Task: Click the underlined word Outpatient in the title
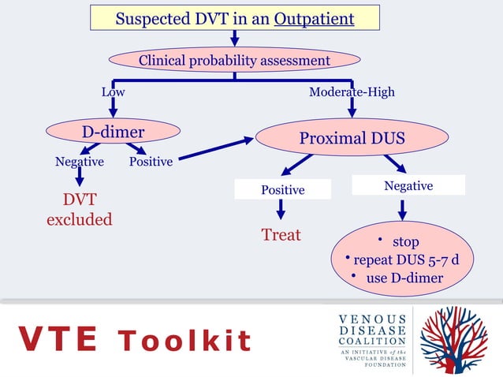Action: [x=314, y=19]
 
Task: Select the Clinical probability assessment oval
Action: [x=234, y=60]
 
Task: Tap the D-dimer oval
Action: [x=113, y=131]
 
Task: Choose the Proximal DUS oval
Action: [x=352, y=137]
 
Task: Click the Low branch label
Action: [x=114, y=92]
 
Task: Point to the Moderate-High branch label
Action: [x=352, y=92]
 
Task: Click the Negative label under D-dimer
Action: [x=80, y=162]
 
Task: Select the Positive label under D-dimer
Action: [x=151, y=162]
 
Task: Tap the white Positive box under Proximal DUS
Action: [x=282, y=189]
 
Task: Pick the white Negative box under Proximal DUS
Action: [x=408, y=185]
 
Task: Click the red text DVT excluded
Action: [x=80, y=209]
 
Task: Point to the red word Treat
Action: [x=281, y=234]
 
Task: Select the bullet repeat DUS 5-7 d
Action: [x=403, y=259]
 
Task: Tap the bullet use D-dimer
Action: [x=398, y=278]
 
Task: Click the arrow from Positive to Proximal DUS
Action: [x=216, y=148]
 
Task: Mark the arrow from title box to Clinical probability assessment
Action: [x=234, y=39]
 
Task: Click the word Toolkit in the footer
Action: [x=184, y=340]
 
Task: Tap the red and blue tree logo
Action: [x=453, y=340]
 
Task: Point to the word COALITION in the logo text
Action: [x=372, y=341]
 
